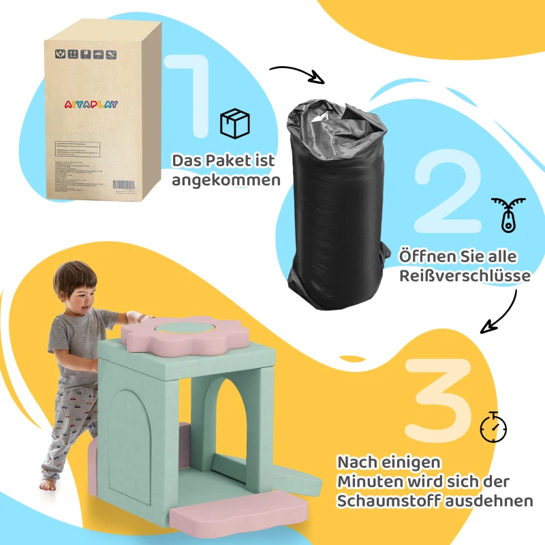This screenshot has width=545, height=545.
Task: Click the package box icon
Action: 234,124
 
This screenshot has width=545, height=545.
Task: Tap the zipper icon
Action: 503,215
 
